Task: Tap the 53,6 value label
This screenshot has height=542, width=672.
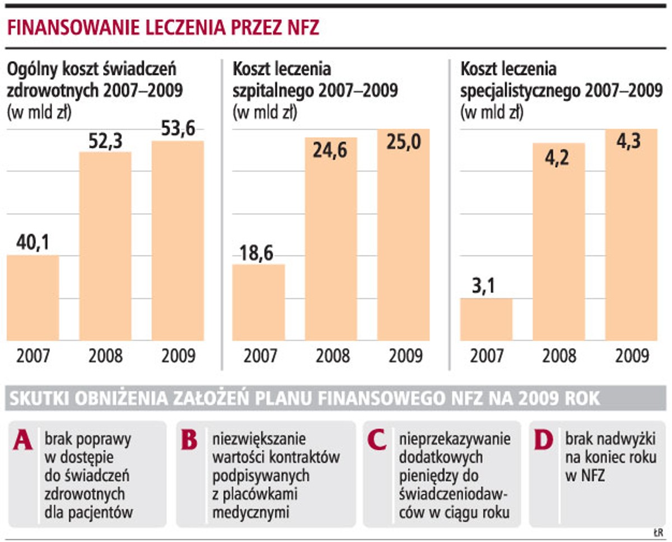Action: (x=178, y=129)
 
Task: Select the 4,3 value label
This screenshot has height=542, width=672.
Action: (x=630, y=141)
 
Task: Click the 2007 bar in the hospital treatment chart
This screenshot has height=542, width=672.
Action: (x=258, y=302)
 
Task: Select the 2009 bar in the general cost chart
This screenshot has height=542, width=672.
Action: (x=178, y=241)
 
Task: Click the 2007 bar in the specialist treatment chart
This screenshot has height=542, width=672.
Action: (x=486, y=319)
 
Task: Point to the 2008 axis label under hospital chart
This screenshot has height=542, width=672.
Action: (x=331, y=356)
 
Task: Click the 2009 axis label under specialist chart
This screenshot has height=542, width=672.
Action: (x=631, y=356)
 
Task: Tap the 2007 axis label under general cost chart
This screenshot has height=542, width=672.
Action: (x=32, y=356)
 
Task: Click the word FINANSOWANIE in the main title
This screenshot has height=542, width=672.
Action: (x=68, y=29)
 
